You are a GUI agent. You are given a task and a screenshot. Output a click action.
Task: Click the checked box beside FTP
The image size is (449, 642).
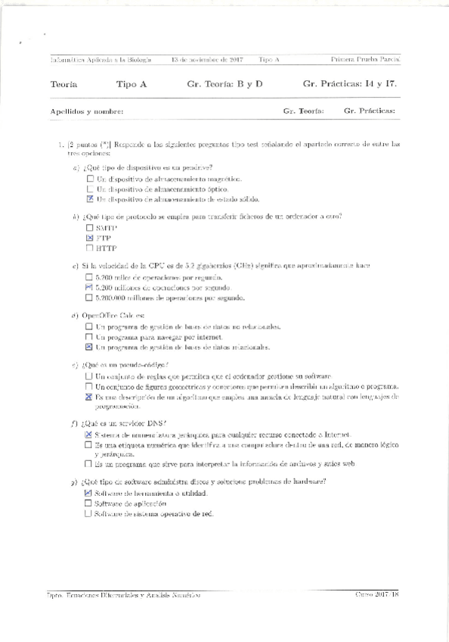tap(90, 238)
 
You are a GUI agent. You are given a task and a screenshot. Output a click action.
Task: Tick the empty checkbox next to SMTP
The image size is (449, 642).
tap(90, 227)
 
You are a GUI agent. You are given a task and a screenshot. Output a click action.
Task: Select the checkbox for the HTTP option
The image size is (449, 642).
tap(90, 248)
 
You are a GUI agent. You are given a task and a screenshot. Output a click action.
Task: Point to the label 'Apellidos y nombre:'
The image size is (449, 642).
tap(87, 111)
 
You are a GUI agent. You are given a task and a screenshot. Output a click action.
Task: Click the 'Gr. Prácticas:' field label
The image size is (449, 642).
tap(369, 111)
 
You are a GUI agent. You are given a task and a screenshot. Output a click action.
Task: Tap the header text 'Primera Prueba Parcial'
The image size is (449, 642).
tap(366, 59)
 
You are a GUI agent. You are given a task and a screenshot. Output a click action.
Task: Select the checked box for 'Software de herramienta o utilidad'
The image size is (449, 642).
tap(88, 493)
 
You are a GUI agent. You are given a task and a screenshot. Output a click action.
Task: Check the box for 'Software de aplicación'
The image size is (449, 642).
tap(88, 503)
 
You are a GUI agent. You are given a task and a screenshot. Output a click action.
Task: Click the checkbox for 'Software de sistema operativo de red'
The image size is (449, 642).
tap(88, 513)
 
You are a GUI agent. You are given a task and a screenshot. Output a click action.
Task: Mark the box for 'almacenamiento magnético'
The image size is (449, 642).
tap(91, 179)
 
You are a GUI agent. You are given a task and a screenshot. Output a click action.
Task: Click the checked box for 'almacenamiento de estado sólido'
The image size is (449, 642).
tap(91, 199)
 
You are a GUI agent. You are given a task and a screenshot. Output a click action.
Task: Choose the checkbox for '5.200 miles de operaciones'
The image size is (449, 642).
tap(90, 278)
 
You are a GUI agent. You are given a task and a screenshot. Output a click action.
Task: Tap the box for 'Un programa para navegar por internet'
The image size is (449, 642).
tap(89, 337)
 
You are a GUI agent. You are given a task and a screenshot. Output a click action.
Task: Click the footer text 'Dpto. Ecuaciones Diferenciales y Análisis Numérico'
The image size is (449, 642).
tap(123, 595)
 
